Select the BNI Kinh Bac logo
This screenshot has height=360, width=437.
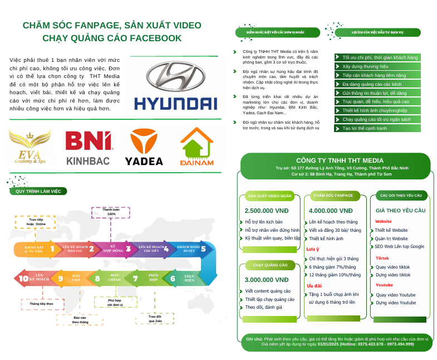coord(89,148)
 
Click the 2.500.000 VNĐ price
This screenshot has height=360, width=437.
coord(266,211)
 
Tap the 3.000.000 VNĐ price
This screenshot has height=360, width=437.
coord(267,280)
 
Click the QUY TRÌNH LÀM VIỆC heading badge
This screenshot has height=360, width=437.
coord(38,191)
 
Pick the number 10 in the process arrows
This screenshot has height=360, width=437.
coord(23,279)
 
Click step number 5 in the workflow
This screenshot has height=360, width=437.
coord(203,249)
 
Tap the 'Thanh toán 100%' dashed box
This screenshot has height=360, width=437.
coord(111,212)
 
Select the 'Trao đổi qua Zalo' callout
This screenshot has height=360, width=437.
coord(155,318)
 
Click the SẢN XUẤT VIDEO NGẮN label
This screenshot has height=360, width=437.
coord(269,196)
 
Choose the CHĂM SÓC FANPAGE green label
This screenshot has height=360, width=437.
coord(333,196)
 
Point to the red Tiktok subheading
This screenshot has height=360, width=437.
coord(382,258)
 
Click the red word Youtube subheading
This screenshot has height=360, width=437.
coord(384,285)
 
